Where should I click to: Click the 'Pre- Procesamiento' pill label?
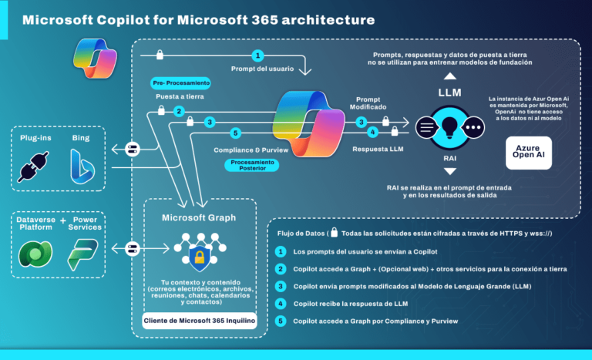tap(180, 82)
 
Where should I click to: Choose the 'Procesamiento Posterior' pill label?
tap(253, 165)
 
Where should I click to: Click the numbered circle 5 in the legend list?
tap(281, 320)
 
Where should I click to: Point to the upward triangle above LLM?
tap(450, 78)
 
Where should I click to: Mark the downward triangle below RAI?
tap(450, 170)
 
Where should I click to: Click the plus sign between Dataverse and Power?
tap(63, 220)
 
